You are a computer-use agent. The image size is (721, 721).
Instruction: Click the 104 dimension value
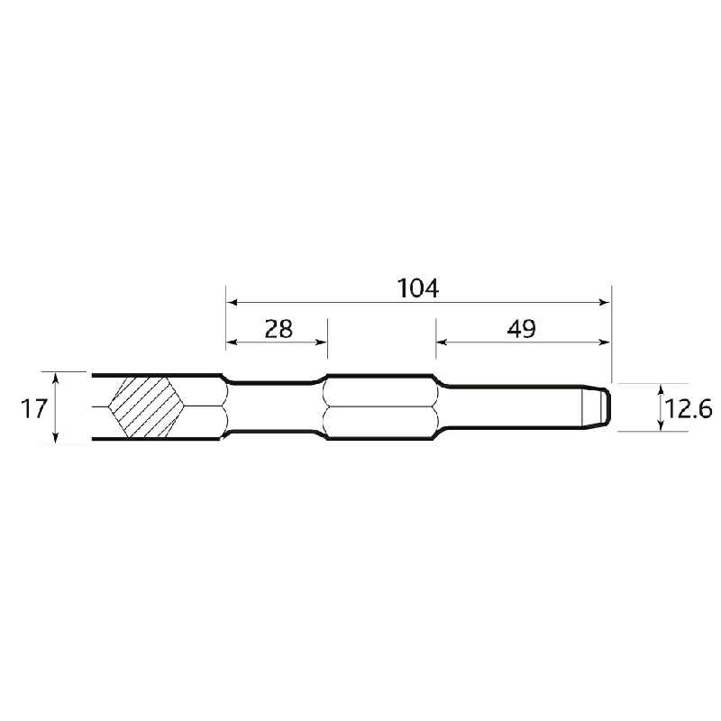coord(417,288)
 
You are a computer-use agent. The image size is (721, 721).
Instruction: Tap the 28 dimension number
coord(278,329)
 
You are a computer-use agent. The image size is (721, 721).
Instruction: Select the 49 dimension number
coord(522,329)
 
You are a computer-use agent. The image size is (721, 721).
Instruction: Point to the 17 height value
coord(34,408)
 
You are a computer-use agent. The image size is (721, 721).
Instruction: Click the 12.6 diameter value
coord(689,408)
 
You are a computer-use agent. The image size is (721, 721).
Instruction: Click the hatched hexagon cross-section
coord(147,407)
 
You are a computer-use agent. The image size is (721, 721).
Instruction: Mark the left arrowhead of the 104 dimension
coord(233,302)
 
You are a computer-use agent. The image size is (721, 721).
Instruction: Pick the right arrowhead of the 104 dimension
coord(604,302)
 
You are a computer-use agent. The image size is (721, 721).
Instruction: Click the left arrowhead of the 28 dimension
coord(233,342)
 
